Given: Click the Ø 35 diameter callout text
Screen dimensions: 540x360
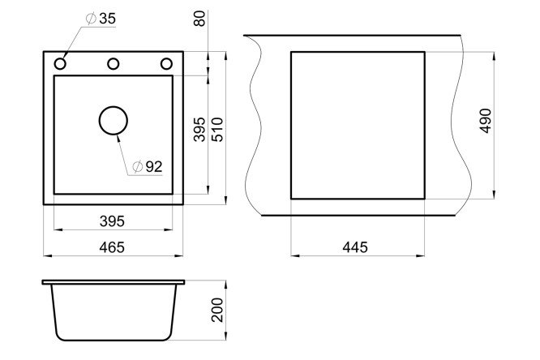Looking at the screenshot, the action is tap(101, 19).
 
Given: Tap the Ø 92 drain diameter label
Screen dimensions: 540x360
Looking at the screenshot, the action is tap(148, 167).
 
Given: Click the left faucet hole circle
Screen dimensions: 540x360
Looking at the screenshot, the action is tap(60, 64).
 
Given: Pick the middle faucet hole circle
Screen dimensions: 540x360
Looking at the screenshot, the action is tap(114, 64).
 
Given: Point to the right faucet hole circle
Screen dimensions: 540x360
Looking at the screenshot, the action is tap(166, 64).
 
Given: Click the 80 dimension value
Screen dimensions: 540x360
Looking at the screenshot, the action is tap(199, 19).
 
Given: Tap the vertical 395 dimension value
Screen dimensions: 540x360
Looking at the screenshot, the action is tap(199, 130).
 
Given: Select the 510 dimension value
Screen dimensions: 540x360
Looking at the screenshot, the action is tap(217, 130).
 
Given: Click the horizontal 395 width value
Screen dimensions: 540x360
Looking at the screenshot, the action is tap(112, 221).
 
